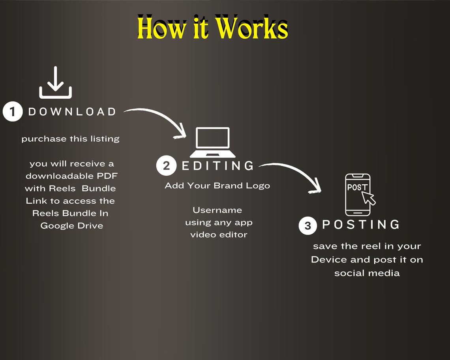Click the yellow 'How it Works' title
click(x=212, y=28)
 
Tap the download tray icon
click(x=55, y=82)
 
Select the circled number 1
click(x=13, y=111)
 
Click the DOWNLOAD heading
click(x=72, y=112)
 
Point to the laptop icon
click(x=212, y=142)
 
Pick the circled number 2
click(x=166, y=166)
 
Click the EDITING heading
click(x=218, y=166)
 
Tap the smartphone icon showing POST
click(x=358, y=195)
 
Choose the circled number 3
click(x=307, y=225)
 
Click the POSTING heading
click(x=361, y=225)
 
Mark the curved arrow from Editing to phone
click(x=296, y=171)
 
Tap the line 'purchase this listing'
click(x=70, y=139)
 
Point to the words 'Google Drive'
click(x=72, y=226)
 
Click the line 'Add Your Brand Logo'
click(x=217, y=186)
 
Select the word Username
click(x=217, y=210)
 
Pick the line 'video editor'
click(x=219, y=235)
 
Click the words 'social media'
click(x=367, y=273)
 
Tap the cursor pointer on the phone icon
click(x=369, y=198)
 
